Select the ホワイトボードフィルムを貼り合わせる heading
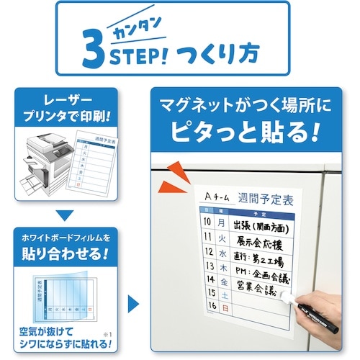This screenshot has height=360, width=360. click(x=71, y=245)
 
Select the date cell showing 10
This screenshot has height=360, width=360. click(x=209, y=223)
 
